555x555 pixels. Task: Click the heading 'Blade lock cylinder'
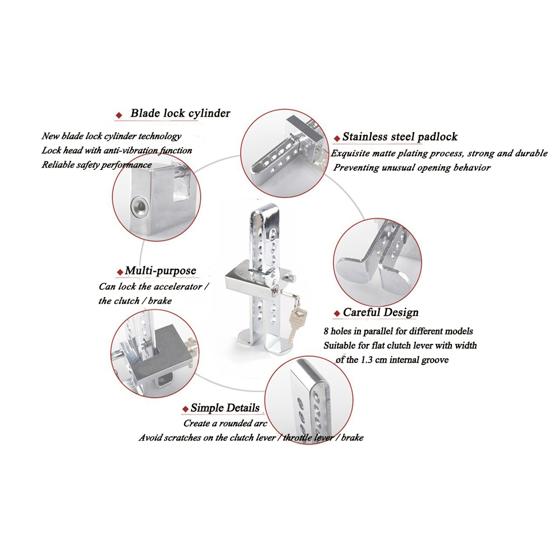pos(180,113)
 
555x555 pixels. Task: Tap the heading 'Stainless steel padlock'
pos(400,137)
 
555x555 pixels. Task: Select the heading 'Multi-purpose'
pos(160,271)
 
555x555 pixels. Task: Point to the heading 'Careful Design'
pos(380,312)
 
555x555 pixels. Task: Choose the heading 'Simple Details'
pos(225,408)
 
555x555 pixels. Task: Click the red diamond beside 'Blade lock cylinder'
pos(119,115)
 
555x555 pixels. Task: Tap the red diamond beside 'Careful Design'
pos(337,314)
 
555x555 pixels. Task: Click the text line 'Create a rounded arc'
pos(225,423)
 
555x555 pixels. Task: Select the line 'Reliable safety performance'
pos(97,165)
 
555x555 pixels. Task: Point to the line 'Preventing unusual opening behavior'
pos(412,168)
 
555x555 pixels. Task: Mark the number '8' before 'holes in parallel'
pos(326,331)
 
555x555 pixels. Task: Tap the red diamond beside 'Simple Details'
pos(185,409)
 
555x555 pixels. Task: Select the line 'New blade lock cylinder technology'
pos(112,136)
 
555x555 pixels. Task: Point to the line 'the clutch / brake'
pos(135,301)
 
